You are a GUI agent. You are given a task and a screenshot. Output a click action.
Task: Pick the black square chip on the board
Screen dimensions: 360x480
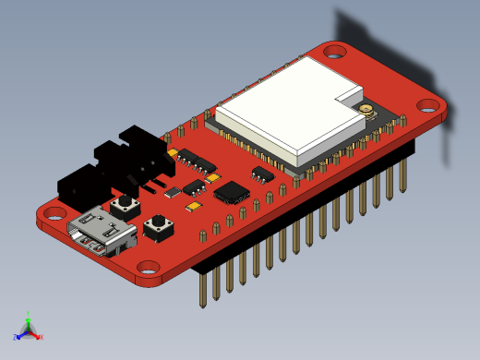231,193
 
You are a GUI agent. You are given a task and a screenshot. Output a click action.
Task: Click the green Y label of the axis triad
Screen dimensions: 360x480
30,314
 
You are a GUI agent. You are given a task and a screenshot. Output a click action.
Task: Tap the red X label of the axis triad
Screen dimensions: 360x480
42,337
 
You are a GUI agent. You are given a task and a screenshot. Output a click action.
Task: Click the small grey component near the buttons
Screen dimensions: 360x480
173,192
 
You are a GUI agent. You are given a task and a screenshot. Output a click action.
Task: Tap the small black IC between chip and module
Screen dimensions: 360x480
263,174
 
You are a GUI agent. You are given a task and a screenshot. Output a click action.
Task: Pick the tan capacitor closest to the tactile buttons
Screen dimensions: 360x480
194,207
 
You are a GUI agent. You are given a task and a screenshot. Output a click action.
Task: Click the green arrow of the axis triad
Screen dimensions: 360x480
29,321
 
